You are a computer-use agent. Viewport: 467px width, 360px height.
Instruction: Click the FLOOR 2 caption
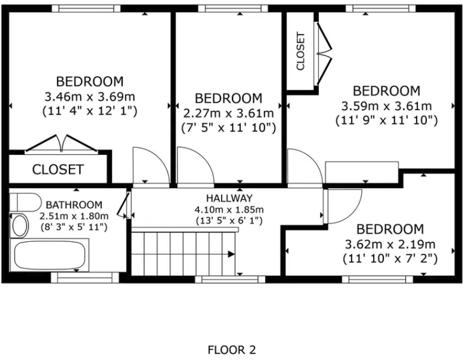tap(232, 350)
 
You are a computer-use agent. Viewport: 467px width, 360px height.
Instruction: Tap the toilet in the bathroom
tap(25, 202)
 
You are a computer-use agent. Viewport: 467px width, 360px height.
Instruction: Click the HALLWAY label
tap(228, 198)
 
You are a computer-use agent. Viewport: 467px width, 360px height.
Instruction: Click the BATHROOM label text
tap(74, 205)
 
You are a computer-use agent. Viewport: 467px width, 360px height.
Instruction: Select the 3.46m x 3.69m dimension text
tap(90, 96)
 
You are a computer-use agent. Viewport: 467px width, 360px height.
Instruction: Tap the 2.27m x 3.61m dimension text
tap(228, 112)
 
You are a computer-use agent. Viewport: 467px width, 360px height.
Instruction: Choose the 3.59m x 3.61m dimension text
tap(387, 106)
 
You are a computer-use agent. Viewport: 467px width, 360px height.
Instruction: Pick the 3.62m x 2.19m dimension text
tap(390, 244)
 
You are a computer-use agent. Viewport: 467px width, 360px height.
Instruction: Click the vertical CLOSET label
tap(301, 51)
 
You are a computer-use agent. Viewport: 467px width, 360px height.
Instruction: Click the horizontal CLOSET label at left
tap(58, 169)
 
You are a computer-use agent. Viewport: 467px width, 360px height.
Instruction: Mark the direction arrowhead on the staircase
tap(231, 254)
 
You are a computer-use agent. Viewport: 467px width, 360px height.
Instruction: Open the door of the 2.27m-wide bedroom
tap(194, 165)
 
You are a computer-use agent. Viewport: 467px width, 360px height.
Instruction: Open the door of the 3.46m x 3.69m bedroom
tap(150, 165)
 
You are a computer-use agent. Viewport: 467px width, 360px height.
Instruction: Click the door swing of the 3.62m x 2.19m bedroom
tap(344, 205)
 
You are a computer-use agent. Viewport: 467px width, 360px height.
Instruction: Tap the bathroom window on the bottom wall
tap(85, 277)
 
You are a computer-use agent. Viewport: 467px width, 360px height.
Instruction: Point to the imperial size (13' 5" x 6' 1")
tap(228, 220)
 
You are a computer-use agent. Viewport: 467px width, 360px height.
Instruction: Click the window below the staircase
tap(229, 278)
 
